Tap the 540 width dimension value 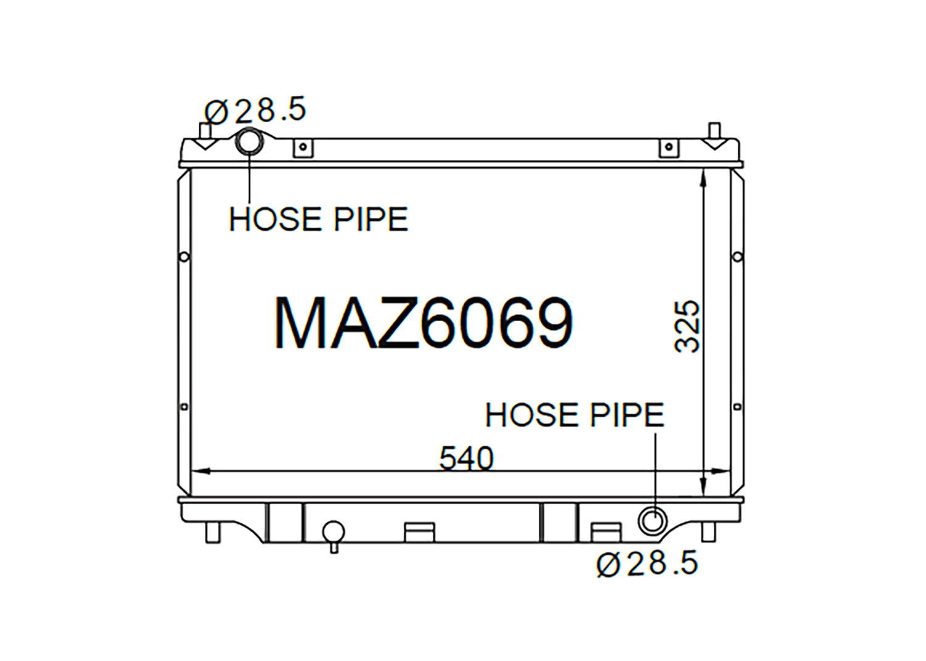click(466, 459)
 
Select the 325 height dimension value click(686, 326)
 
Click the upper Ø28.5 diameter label click(255, 110)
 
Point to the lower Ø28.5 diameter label click(647, 563)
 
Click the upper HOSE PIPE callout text click(319, 219)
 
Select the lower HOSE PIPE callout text click(575, 415)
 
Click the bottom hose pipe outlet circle click(653, 521)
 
